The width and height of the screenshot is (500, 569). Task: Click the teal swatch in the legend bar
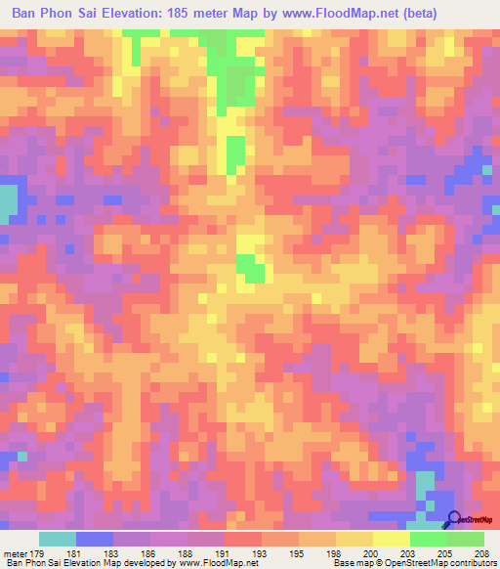point(58,539)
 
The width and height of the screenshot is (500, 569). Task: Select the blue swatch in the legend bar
point(95,539)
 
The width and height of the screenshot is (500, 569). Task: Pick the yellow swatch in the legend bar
point(390,539)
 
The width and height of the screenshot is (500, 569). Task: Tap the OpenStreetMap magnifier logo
point(455,521)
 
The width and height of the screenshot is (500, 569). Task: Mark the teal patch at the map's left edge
point(8,200)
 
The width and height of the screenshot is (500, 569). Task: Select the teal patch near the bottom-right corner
point(424,483)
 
